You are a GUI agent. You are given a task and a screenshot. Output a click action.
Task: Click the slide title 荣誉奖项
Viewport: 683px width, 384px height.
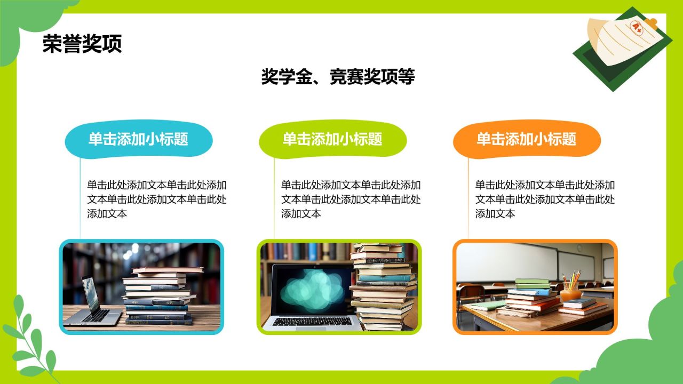(x=82, y=44)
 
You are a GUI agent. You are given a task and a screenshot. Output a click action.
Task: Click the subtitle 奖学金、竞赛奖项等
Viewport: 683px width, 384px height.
(x=338, y=77)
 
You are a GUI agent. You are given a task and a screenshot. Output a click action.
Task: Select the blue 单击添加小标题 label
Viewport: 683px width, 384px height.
(x=138, y=140)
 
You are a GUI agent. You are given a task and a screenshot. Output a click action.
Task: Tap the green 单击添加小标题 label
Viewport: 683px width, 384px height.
(x=332, y=140)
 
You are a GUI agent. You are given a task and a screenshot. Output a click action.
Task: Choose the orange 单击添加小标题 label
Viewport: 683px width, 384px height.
(x=527, y=140)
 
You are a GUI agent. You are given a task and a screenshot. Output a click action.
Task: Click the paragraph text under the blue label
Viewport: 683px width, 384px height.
(x=157, y=199)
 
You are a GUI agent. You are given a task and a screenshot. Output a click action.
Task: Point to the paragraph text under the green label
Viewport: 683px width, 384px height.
(x=351, y=199)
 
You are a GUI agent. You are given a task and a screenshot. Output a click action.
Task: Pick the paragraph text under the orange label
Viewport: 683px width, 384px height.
(x=545, y=199)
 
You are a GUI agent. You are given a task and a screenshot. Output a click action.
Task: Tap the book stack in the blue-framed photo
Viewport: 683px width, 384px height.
(x=160, y=296)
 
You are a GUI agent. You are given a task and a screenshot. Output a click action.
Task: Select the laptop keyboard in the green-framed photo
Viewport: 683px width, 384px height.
(x=312, y=322)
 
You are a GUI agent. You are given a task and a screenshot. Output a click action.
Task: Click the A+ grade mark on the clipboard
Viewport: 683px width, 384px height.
(x=637, y=26)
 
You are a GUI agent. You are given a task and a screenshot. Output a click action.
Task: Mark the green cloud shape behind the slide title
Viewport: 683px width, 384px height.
(x=27, y=27)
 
